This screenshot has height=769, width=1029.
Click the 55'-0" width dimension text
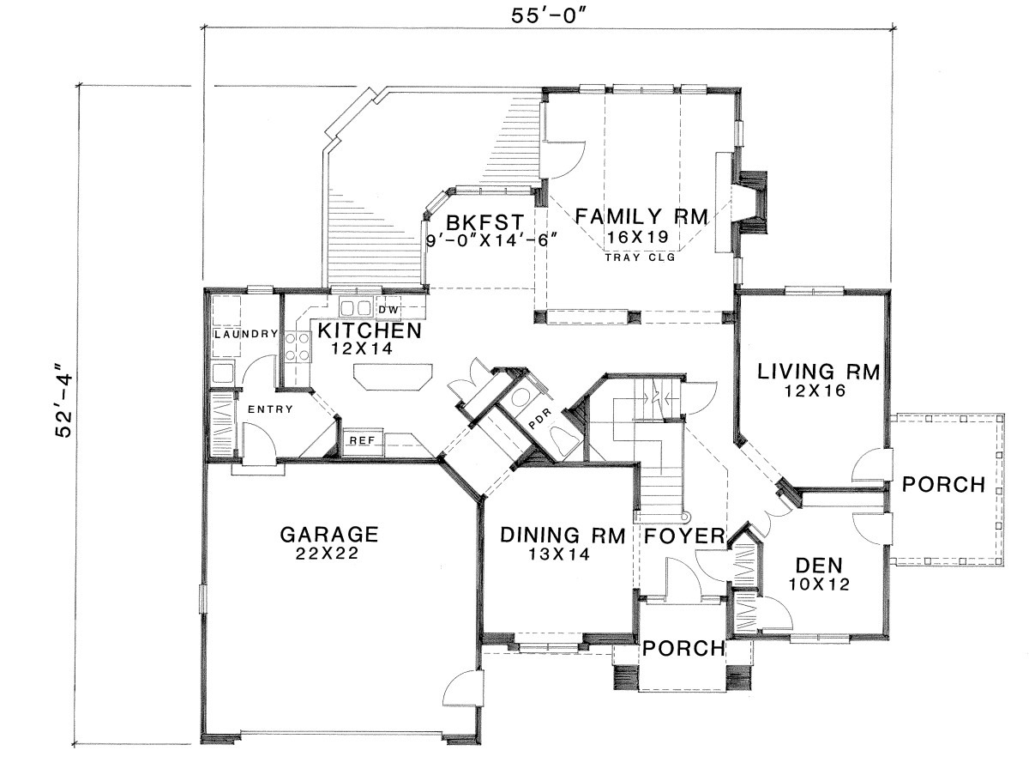549,16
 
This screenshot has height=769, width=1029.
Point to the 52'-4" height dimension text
63,398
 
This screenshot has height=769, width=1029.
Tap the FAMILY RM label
641,217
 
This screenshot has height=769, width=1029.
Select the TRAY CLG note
640,257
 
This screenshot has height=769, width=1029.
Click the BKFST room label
484,221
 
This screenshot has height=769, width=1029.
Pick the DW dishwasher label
388,310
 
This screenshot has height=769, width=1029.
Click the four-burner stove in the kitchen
298,347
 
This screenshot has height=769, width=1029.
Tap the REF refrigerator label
362,440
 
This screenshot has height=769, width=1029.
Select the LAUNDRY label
245,334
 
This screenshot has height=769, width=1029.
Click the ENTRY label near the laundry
270,409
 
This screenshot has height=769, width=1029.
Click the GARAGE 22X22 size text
328,554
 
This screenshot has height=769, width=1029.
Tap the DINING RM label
563,536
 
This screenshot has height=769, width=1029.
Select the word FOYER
684,536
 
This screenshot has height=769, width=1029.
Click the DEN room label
819,566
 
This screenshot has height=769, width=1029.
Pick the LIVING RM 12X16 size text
815,391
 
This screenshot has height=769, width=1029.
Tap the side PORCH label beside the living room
944,485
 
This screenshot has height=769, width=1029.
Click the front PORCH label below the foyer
684,649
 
